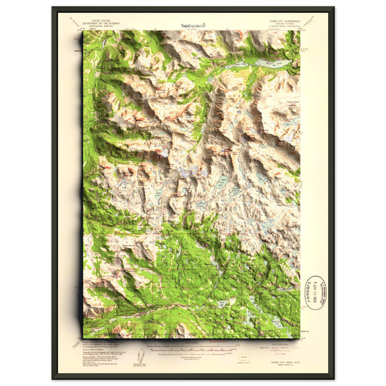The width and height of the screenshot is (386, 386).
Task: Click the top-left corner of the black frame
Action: (53, 8)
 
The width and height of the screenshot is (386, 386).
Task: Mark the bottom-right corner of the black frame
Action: (333, 377)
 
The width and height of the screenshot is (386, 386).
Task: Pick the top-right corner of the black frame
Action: (333, 8)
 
